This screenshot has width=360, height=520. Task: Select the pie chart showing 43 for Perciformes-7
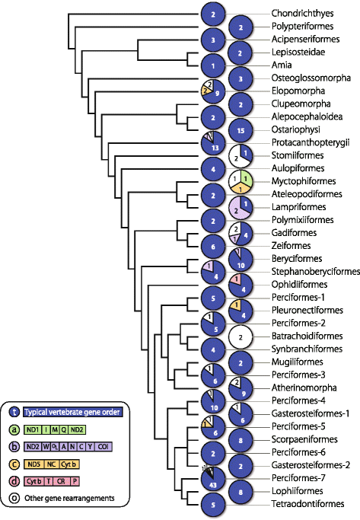coord(214,480)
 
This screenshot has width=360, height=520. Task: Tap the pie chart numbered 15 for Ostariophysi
coord(241,130)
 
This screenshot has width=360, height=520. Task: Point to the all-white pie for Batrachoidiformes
coord(241,335)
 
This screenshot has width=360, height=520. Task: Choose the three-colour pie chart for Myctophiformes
coord(241,182)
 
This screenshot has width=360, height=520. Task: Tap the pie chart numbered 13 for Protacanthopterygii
coord(214,142)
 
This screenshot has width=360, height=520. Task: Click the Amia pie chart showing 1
coord(214,65)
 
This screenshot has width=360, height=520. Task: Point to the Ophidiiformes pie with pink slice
coord(241,284)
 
